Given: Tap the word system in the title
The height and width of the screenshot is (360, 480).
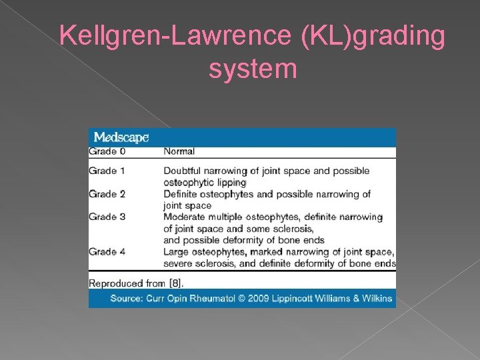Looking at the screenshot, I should pyautogui.click(x=252, y=68).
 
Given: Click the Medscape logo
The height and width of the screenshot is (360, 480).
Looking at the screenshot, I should pyautogui.click(x=121, y=138).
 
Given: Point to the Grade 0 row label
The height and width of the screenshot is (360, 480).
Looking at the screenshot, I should pyautogui.click(x=107, y=151).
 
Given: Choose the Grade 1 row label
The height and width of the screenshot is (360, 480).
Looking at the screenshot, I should pyautogui.click(x=107, y=171).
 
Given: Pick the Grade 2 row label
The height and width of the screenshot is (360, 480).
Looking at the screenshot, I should pyautogui.click(x=107, y=194).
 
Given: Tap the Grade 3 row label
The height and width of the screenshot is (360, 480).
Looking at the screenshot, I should pyautogui.click(x=107, y=217).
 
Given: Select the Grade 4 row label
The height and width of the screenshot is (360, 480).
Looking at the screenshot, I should pyautogui.click(x=107, y=251).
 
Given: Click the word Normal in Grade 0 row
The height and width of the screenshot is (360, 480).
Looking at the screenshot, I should pyautogui.click(x=179, y=151).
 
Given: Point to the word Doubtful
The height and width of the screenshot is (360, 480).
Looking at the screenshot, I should pyautogui.click(x=184, y=171).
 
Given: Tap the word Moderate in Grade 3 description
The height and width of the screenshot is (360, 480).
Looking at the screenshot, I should pyautogui.click(x=186, y=217).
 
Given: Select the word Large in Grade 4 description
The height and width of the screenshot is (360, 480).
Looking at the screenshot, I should pyautogui.click(x=177, y=251).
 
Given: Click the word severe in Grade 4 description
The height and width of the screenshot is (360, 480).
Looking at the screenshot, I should pyautogui.click(x=179, y=263).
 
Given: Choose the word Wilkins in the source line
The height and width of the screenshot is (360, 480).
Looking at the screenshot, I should pyautogui.click(x=376, y=298).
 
